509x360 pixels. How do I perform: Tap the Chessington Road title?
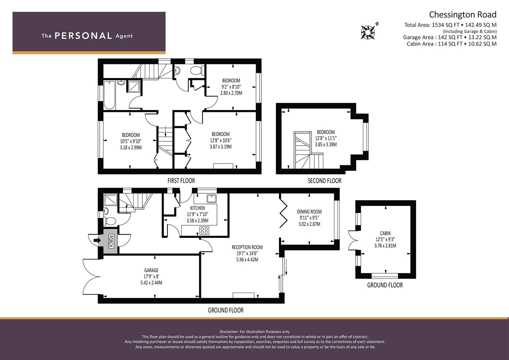(x=463, y=15)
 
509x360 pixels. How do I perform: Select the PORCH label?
(x=111, y=241)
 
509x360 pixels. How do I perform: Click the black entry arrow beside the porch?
(x=97, y=240)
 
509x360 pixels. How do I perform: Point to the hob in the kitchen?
(x=204, y=230)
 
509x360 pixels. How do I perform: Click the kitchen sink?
(x=212, y=198)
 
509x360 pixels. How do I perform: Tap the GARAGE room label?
(x=151, y=270)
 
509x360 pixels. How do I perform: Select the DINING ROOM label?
(x=309, y=212)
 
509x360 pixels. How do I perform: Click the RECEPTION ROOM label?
(x=247, y=247)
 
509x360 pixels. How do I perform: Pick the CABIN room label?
(x=385, y=233)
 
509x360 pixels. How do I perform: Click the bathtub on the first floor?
(x=110, y=95)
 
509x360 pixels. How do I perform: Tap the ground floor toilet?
(x=110, y=221)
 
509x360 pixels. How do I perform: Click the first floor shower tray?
(x=134, y=86)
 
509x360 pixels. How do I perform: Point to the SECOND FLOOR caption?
(x=324, y=181)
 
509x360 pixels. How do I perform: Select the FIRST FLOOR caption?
(x=181, y=181)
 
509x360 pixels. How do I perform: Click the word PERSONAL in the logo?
(x=83, y=36)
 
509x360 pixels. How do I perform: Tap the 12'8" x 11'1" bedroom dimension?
(x=326, y=138)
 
